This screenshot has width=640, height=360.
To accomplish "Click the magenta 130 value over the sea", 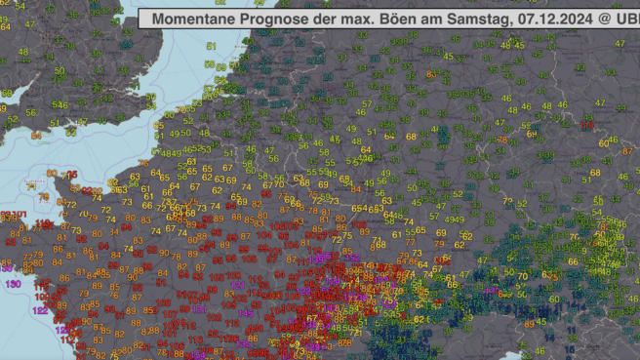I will point(14,283).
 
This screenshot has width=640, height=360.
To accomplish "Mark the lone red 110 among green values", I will point(586,126).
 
